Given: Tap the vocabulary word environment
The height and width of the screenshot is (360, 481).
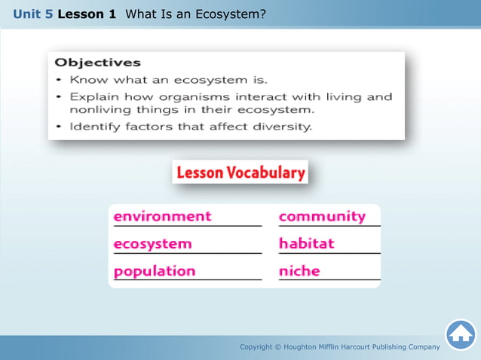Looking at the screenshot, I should pyautogui.click(x=162, y=216).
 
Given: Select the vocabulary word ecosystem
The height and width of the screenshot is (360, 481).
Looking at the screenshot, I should pyautogui.click(x=152, y=244).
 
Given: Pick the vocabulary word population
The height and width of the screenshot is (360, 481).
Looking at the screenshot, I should pyautogui.click(x=155, y=271).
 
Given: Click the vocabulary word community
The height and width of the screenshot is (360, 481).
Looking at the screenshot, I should pyautogui.click(x=322, y=216).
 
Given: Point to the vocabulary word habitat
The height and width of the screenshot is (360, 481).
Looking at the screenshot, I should pyautogui.click(x=306, y=244).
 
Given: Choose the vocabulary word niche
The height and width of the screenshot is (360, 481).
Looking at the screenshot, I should pyautogui.click(x=299, y=271).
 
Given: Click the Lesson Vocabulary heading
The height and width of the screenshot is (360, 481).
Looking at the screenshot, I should pyautogui.click(x=240, y=172).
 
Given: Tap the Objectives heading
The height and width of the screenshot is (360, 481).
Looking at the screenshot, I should pyautogui.click(x=98, y=63).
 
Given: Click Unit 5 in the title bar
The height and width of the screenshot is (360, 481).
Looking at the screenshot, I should pyautogui.click(x=32, y=14).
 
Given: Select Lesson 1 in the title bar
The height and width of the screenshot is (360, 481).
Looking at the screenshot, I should pyautogui.click(x=87, y=14).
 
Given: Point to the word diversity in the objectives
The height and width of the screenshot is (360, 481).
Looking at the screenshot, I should pyautogui.click(x=280, y=127).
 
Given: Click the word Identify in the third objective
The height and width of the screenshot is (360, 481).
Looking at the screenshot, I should pyautogui.click(x=94, y=127).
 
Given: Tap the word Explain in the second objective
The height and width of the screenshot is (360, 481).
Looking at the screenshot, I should pyautogui.click(x=93, y=96).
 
